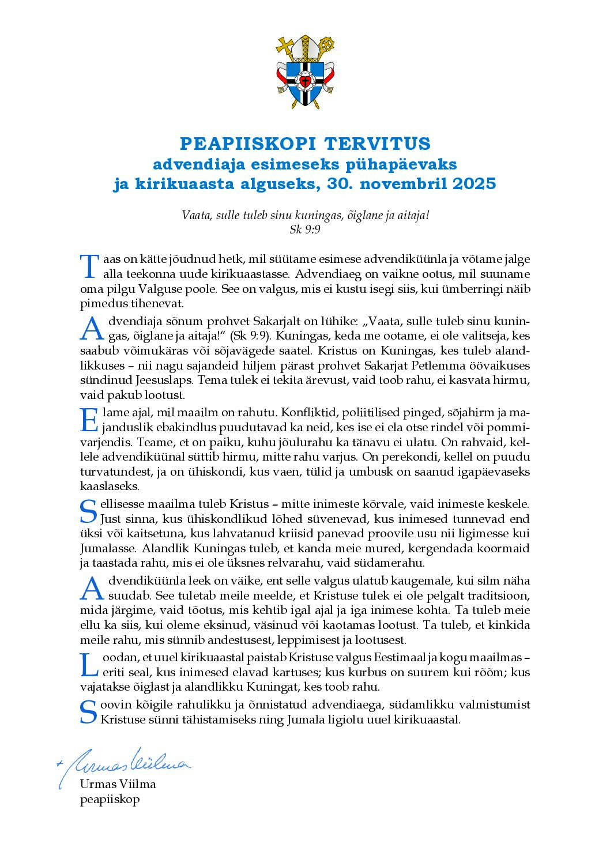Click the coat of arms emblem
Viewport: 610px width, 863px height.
pos(305,73)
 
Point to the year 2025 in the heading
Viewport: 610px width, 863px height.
pos(474,184)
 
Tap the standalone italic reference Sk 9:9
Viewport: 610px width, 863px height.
pos(305,229)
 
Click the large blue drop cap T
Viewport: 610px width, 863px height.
pos(89,266)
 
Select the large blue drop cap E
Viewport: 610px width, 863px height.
pos(89,420)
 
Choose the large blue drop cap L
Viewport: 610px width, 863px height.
pos(89,664)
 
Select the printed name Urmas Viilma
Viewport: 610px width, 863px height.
pos(118,784)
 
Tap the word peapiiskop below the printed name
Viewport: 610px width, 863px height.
pos(110,800)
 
